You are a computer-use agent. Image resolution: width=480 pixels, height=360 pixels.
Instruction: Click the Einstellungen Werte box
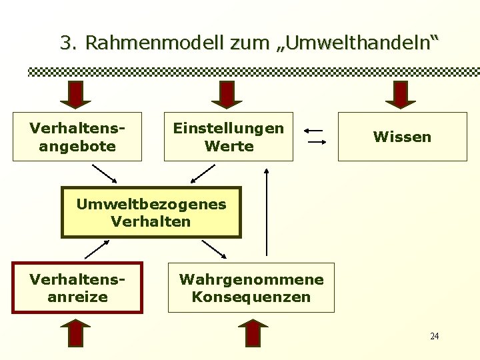click(x=229, y=137)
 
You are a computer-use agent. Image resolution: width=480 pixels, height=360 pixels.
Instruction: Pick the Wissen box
click(x=402, y=137)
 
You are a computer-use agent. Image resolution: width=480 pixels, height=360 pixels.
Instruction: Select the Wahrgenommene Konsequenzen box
click(x=251, y=287)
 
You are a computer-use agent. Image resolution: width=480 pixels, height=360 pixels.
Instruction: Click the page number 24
click(x=434, y=336)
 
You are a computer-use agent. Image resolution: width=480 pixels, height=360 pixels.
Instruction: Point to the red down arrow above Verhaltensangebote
click(x=77, y=94)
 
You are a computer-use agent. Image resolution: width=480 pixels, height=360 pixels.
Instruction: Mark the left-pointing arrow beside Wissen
click(x=315, y=130)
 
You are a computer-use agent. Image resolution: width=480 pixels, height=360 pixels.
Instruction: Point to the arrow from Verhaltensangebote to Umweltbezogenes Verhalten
click(x=104, y=173)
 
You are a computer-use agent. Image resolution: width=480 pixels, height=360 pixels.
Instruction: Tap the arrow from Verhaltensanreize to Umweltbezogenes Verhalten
click(x=97, y=250)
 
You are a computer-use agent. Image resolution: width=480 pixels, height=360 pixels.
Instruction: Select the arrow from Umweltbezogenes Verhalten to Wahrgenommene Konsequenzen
click(x=214, y=249)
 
